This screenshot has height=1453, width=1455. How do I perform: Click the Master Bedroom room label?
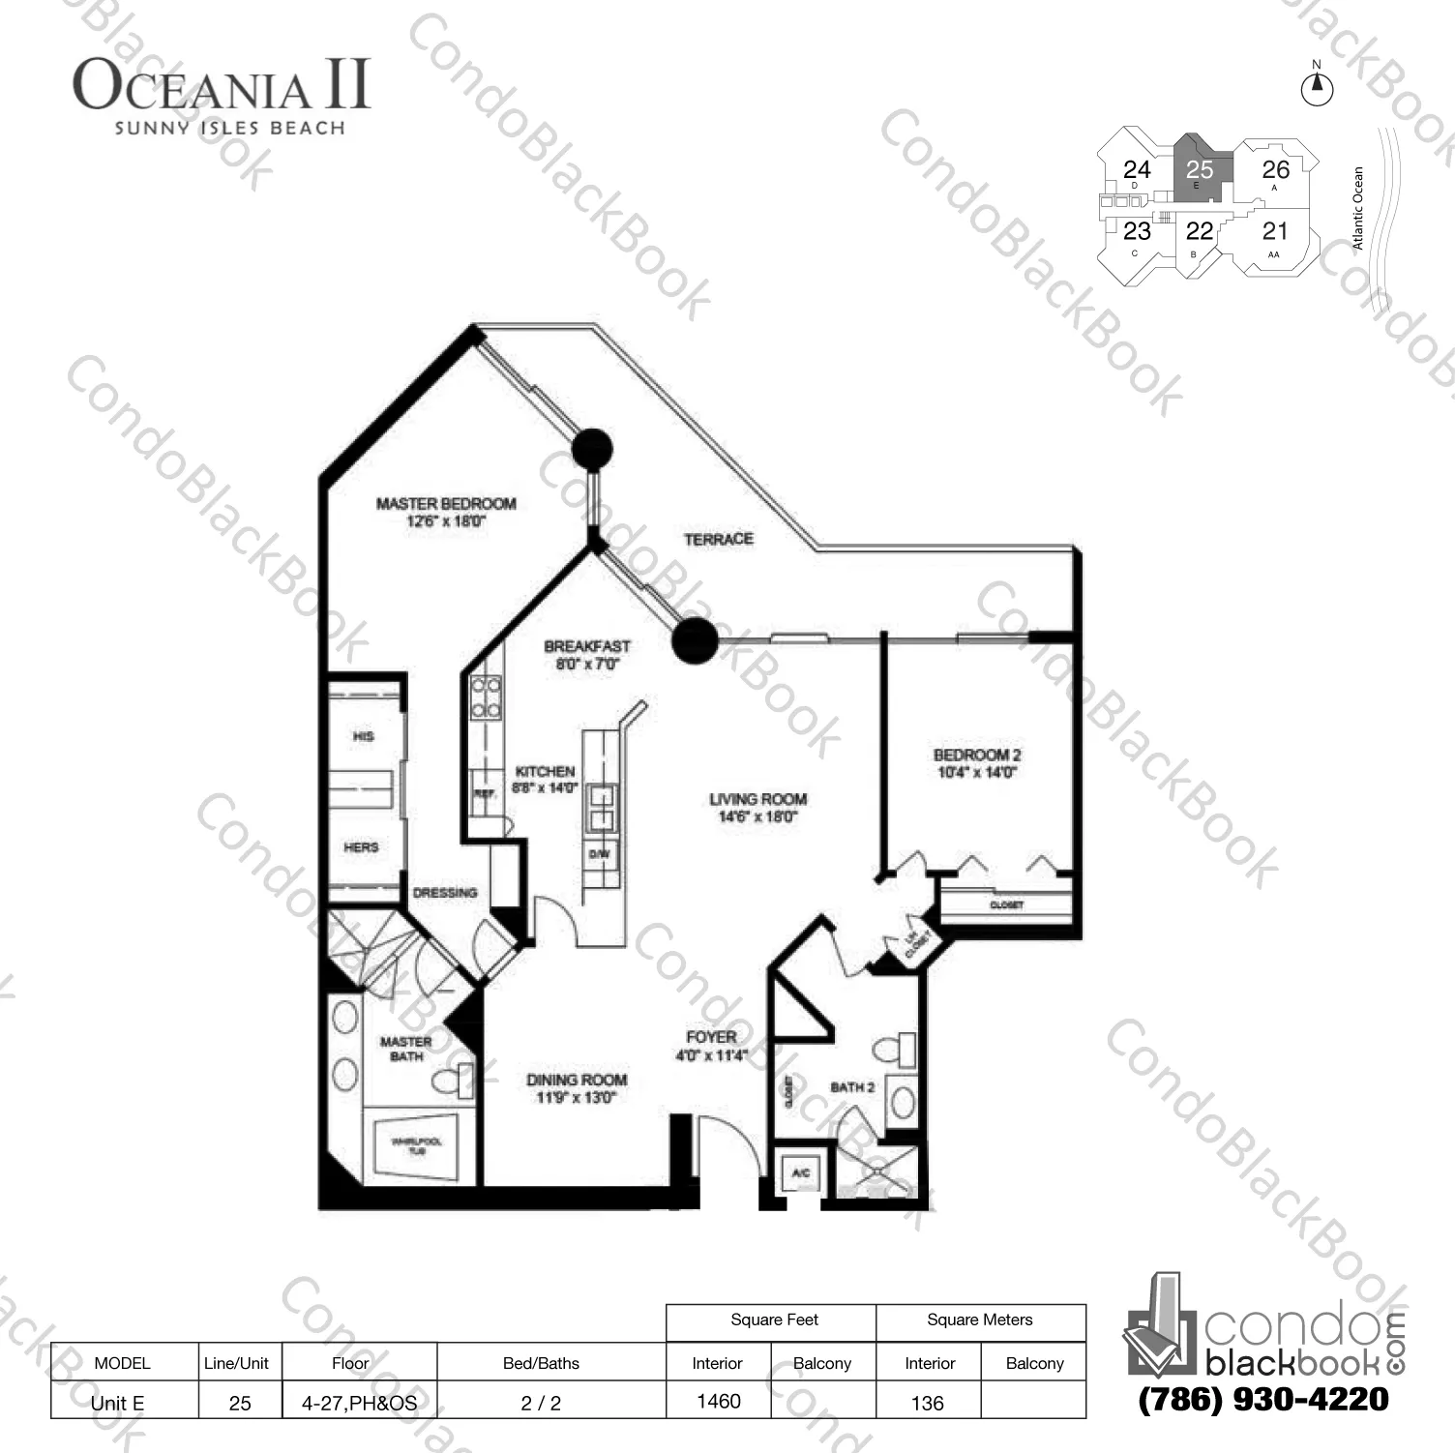point(446,504)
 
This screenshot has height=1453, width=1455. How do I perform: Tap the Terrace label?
point(719,539)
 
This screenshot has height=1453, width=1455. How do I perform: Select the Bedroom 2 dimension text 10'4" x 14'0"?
point(977,772)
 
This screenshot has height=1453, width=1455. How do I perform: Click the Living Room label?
point(757,799)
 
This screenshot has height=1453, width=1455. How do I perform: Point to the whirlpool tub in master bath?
point(417,1146)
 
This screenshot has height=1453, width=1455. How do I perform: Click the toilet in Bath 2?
point(895,1049)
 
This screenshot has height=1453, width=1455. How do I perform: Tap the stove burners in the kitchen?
point(486,697)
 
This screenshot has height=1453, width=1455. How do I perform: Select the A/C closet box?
point(800,1172)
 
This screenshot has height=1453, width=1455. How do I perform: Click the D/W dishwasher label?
point(599,854)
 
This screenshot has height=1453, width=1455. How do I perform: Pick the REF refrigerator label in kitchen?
point(484,793)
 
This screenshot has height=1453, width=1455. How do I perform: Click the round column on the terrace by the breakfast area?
point(694,640)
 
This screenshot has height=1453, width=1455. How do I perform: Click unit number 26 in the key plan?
point(1275,169)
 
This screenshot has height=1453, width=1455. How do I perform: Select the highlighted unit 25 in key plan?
point(1200,169)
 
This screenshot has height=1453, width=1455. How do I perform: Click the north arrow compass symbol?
point(1317,87)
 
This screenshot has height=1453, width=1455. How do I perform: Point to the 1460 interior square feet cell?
point(719,1401)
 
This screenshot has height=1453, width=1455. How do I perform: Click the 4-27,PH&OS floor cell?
point(359,1403)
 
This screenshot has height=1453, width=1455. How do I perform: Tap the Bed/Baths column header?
point(541,1363)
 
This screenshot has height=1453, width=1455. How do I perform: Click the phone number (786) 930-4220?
point(1263,1400)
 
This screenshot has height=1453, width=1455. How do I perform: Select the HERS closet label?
point(361,847)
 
